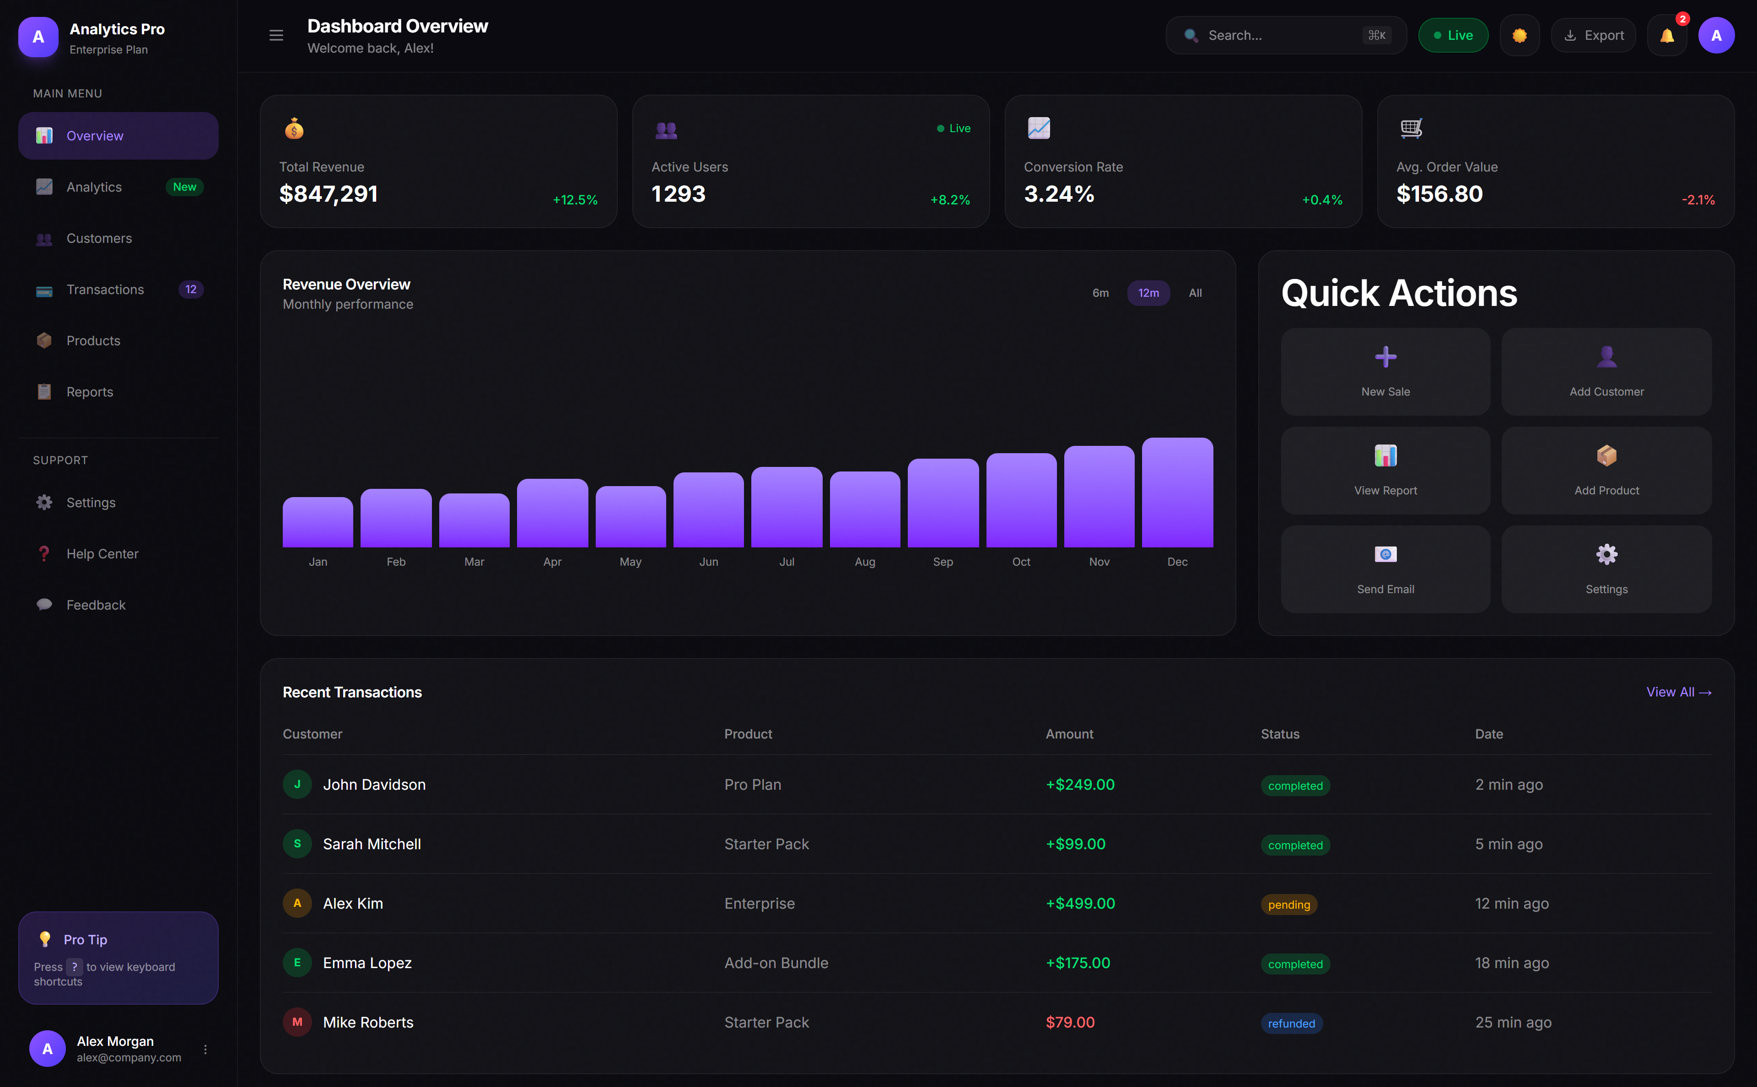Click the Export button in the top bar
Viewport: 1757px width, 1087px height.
click(1593, 35)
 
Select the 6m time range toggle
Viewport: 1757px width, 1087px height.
click(1099, 293)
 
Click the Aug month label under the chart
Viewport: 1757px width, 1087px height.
click(864, 562)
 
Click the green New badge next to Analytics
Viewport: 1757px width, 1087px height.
click(184, 187)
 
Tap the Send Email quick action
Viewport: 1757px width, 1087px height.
click(1385, 569)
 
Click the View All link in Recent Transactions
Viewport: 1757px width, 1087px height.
click(1678, 691)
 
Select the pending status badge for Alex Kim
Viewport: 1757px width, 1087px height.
click(1288, 905)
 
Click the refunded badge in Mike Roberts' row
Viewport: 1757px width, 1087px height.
click(1290, 1023)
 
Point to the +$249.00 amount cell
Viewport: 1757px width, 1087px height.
click(1079, 784)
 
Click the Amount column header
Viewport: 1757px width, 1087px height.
click(1069, 734)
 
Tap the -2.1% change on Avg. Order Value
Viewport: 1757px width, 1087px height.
click(1698, 200)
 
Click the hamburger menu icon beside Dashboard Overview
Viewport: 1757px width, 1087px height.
click(276, 35)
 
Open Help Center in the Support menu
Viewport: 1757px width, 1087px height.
click(102, 554)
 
